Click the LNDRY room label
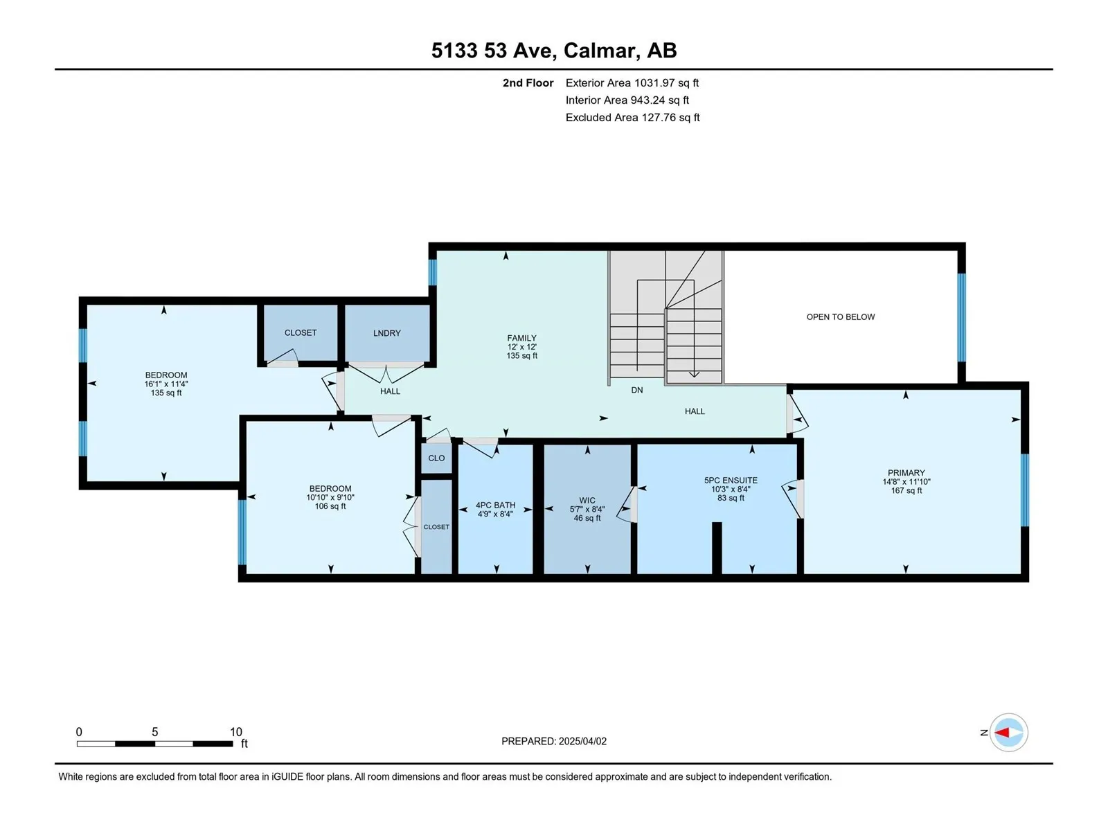pyautogui.click(x=386, y=333)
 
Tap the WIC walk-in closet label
pyautogui.click(x=587, y=501)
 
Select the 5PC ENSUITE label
pyautogui.click(x=731, y=481)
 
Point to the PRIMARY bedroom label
pyautogui.click(x=906, y=473)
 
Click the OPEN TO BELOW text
pyautogui.click(x=841, y=317)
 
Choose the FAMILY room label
pyautogui.click(x=521, y=338)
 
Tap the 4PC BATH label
pyautogui.click(x=495, y=505)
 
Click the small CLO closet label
pyautogui.click(x=436, y=458)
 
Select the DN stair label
pyautogui.click(x=636, y=390)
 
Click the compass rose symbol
pyautogui.click(x=1008, y=732)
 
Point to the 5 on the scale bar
pyautogui.click(x=155, y=731)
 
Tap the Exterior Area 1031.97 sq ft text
pyautogui.click(x=632, y=82)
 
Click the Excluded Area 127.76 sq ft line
pyautogui.click(x=632, y=118)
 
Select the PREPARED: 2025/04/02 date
pyautogui.click(x=554, y=741)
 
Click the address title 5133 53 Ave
pyautogui.click(x=493, y=51)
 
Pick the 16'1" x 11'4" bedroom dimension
pyautogui.click(x=166, y=384)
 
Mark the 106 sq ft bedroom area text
pyautogui.click(x=330, y=506)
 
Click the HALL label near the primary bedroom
pyautogui.click(x=695, y=411)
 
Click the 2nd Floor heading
pyautogui.click(x=528, y=82)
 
